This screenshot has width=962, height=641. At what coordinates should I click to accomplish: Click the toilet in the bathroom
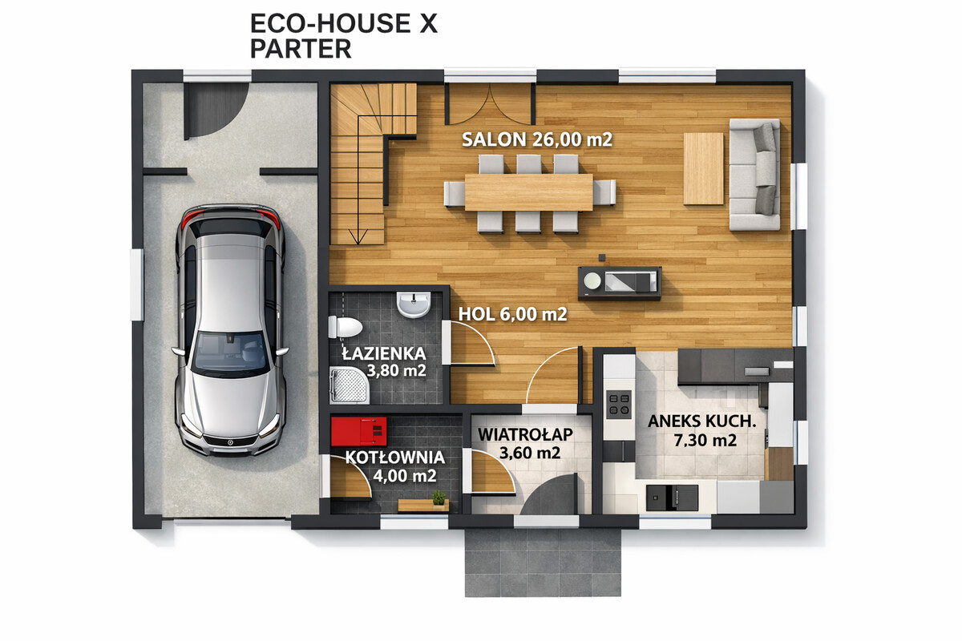345,328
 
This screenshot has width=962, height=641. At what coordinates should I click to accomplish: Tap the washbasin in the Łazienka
414,304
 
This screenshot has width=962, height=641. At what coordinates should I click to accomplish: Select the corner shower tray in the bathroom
349,385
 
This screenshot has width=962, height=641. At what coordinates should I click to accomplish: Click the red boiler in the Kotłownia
358,431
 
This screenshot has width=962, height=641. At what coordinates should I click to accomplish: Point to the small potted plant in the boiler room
439,498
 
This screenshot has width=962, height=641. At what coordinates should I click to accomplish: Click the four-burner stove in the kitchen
618,405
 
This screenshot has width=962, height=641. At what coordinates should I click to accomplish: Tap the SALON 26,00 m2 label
537,139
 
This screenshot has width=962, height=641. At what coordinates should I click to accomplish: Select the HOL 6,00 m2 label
513,314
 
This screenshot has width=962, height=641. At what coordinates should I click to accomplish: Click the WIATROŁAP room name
525,434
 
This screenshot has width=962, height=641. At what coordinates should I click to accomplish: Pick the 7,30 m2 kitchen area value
705,440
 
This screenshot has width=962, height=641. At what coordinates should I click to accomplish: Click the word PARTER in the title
301,49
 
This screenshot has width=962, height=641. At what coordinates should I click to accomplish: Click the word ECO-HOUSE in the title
330,23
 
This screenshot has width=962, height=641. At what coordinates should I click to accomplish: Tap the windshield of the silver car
230,350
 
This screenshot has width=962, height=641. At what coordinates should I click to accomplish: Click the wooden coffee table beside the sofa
704,168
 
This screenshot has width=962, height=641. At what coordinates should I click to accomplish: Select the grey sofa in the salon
754,175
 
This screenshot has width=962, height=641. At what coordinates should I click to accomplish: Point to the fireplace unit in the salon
619,282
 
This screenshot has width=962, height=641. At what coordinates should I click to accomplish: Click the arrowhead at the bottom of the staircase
358,237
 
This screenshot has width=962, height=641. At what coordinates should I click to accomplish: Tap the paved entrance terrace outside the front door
543,562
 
